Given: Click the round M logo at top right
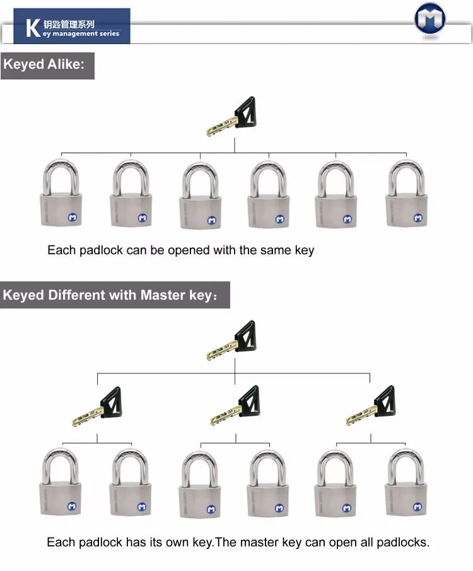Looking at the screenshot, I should (430, 18).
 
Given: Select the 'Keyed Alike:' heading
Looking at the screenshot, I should (44, 65).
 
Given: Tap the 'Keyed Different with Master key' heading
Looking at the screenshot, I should (111, 295).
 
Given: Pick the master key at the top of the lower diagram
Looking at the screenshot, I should (231, 341).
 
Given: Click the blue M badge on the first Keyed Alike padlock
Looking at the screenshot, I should (72, 218).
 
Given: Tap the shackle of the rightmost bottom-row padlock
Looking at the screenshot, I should (406, 464).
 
